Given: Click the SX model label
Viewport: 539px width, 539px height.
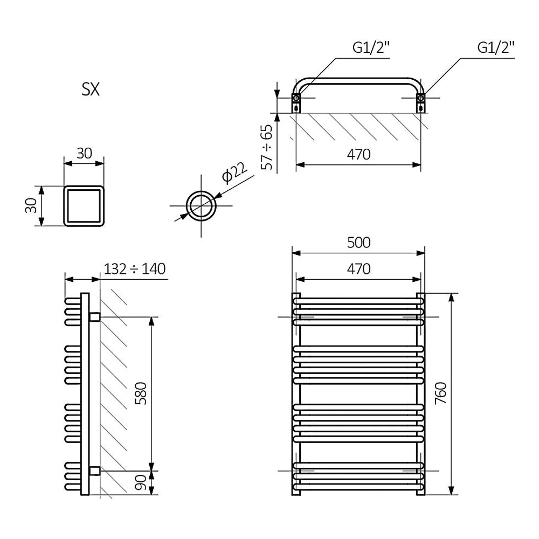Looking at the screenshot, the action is click(91, 89).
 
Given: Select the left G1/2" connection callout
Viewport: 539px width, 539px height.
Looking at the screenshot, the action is click(371, 47).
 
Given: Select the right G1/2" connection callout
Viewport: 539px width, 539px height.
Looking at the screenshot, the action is click(496, 47).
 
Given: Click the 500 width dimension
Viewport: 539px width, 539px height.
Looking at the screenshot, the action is click(358, 243).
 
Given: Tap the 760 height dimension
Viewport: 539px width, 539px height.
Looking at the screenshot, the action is click(441, 393).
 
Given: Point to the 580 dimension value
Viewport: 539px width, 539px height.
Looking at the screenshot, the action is click(141, 393).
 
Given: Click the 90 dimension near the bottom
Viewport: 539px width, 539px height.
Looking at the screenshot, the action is click(141, 482).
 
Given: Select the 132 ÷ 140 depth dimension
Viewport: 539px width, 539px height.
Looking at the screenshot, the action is click(134, 269).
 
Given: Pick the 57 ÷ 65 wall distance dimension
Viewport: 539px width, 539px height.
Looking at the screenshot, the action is click(267, 147).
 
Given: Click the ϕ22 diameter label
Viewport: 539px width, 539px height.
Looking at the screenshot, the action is click(234, 172).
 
